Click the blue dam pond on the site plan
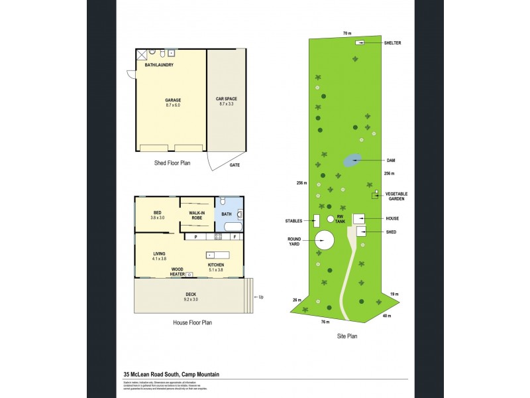pyautogui.click(x=352, y=160)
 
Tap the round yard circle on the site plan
pyautogui.click(x=325, y=240)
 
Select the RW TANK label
pyautogui.click(x=341, y=220)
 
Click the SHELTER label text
pyautogui.click(x=393, y=43)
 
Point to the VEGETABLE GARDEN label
pyautogui.click(x=397, y=196)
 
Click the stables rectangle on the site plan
pyautogui.click(x=317, y=220)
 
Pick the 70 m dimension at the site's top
pyautogui.click(x=346, y=33)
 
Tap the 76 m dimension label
pyautogui.click(x=325, y=322)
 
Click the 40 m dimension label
pyautogui.click(x=387, y=316)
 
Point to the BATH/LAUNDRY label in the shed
pyautogui.click(x=159, y=65)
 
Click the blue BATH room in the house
pyautogui.click(x=227, y=214)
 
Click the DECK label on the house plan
pyautogui.click(x=191, y=297)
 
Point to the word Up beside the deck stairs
pyautogui.click(x=262, y=297)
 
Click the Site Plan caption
pyautogui.click(x=347, y=336)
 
